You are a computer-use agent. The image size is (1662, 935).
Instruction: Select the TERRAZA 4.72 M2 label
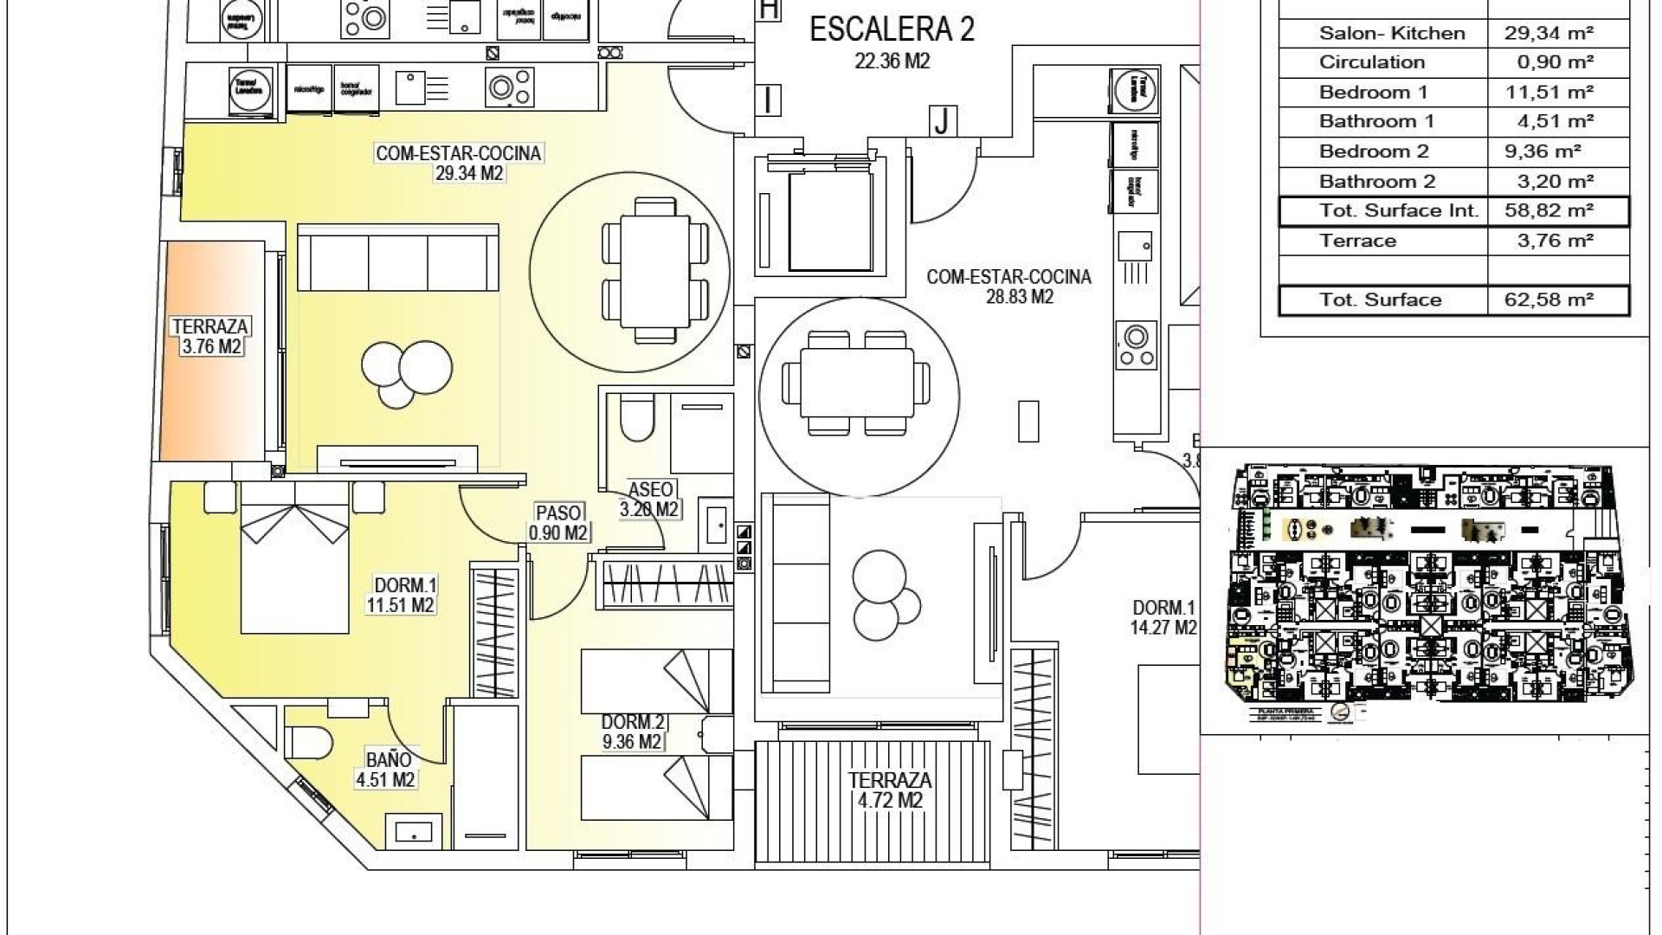tap(890, 790)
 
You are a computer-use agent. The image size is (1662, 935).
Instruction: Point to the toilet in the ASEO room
tap(638, 418)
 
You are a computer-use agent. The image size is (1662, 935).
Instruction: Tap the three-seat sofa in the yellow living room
tap(398, 258)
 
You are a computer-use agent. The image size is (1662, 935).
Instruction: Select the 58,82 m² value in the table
tap(1549, 210)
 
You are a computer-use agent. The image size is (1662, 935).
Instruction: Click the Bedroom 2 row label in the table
tap(1374, 152)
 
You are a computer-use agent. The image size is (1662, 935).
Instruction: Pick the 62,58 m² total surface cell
tap(1549, 300)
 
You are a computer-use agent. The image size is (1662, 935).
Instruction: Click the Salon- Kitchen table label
tap(1392, 33)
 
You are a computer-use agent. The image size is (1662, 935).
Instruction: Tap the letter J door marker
tap(941, 120)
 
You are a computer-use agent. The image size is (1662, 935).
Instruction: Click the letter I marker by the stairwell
tap(768, 100)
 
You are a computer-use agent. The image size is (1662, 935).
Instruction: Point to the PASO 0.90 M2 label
tap(559, 523)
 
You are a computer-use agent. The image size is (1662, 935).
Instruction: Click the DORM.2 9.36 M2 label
tap(633, 732)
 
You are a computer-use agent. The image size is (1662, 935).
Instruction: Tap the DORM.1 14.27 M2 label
tap(1163, 617)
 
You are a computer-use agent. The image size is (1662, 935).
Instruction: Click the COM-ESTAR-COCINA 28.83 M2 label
tap(1008, 287)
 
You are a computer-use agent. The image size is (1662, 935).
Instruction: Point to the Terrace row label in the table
tap(1357, 241)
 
